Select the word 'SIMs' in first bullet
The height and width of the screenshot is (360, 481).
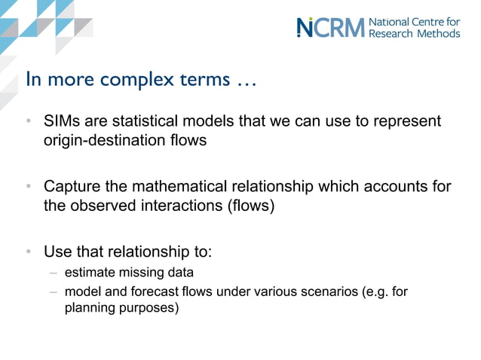pyautogui.click(x=61, y=121)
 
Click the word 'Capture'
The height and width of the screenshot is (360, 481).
pyautogui.click(x=72, y=187)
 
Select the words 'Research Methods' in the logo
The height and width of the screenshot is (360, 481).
pyautogui.click(x=414, y=33)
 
